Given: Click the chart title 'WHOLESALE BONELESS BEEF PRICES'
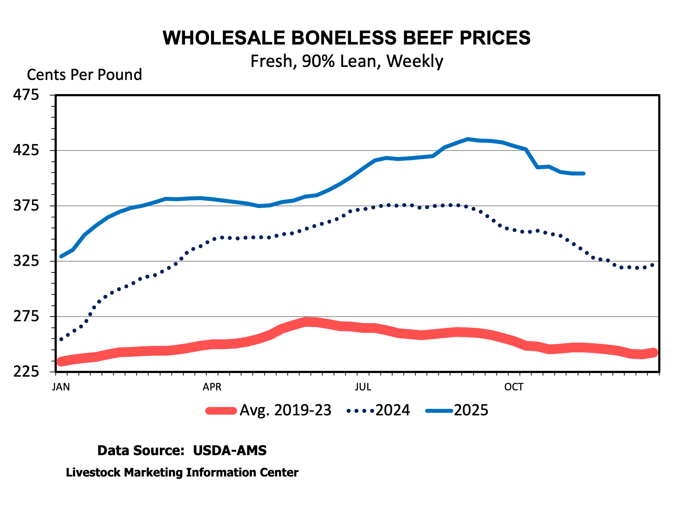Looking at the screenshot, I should [346, 38].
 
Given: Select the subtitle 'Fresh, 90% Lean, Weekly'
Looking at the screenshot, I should [346, 61].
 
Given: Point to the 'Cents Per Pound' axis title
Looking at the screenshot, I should [84, 75].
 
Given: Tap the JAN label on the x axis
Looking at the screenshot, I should [61, 387].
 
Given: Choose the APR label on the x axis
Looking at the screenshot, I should [212, 387].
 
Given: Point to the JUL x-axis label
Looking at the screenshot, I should [363, 387].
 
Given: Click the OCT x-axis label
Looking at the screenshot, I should [514, 387].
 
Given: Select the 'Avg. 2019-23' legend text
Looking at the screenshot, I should [285, 410].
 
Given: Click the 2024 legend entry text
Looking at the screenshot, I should [393, 410].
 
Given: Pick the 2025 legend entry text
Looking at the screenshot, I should [471, 410].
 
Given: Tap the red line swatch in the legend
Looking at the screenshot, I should [221, 411].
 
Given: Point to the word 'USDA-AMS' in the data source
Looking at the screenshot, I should [230, 450].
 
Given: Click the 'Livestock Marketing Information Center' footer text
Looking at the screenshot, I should [182, 473].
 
